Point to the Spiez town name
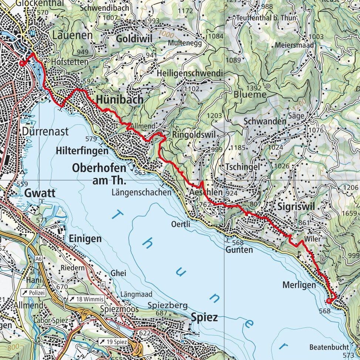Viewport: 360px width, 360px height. [x=204, y=317]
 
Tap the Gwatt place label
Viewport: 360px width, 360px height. [x=40, y=193]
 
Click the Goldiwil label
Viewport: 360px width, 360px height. [x=134, y=39]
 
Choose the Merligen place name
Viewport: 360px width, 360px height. [x=299, y=285]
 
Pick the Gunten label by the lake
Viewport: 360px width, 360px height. [x=239, y=250]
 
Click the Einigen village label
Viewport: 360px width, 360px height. [x=85, y=239]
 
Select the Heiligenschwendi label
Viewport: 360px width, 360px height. [x=190, y=74]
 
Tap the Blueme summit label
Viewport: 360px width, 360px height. [x=250, y=94]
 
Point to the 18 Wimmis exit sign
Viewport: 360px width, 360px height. [x=86, y=299]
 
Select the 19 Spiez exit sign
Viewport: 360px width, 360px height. [x=113, y=342]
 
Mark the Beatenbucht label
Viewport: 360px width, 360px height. [x=329, y=347]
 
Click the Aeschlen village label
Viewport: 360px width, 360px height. [x=206, y=192]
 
